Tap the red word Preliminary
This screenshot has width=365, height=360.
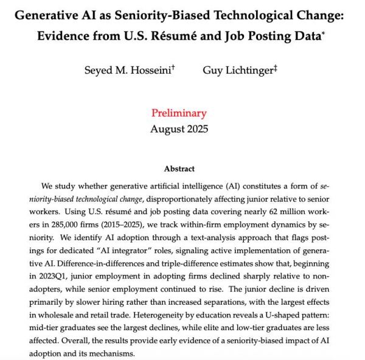(179, 113)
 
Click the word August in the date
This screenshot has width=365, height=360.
(167, 128)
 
